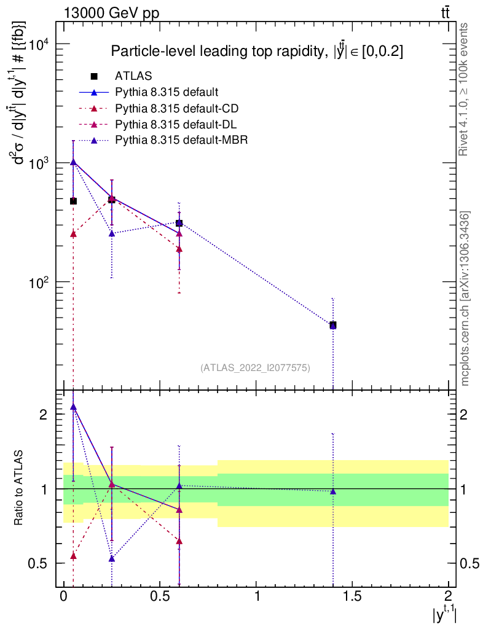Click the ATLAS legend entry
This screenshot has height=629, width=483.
[133, 77]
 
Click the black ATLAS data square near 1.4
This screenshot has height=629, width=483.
[332, 324]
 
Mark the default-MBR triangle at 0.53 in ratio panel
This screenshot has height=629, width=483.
[112, 558]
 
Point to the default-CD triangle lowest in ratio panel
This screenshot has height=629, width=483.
[73, 556]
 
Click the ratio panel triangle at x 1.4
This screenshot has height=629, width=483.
[332, 491]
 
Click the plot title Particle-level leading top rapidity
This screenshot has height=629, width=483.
[257, 52]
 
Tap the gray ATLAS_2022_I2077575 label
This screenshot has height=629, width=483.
[255, 367]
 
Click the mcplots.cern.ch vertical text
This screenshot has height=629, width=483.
[465, 298]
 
